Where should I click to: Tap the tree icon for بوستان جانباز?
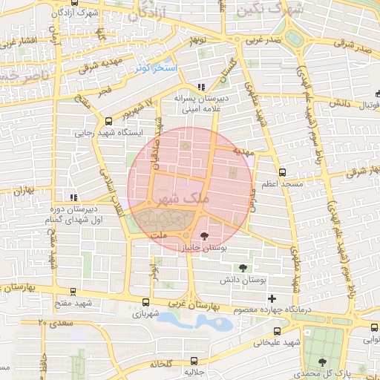tap(205, 235)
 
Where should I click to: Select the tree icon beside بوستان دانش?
tap(243, 268)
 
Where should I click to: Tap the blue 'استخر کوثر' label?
tap(157, 68)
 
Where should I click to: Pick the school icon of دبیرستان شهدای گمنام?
tap(73, 197)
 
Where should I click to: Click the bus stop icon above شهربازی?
tap(145, 303)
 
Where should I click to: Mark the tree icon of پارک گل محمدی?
tap(322, 361)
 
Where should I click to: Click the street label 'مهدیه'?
tap(243, 151)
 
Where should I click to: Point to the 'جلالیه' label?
tap(193, 371)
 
